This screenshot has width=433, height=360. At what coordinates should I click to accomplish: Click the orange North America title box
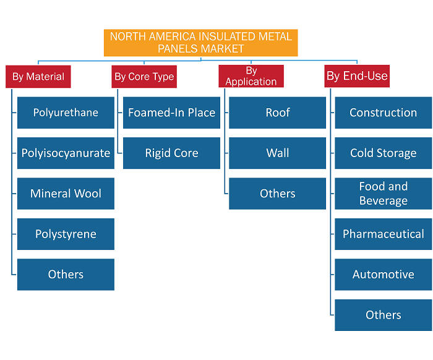[x=201, y=43]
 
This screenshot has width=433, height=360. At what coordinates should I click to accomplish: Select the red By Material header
[x=38, y=77]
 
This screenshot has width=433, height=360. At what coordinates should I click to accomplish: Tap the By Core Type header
[x=144, y=77]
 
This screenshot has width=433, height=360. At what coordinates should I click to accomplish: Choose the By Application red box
[x=251, y=76]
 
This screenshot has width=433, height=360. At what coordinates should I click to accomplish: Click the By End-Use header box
[x=357, y=76]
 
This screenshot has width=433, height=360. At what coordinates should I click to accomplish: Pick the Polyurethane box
[x=66, y=113]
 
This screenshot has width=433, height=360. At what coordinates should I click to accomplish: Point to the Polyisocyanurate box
[x=66, y=153]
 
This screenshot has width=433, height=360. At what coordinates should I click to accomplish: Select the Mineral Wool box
[x=66, y=194]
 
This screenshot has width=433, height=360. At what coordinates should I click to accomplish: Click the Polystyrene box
[x=66, y=234]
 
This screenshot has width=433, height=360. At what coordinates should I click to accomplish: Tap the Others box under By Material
[x=66, y=275]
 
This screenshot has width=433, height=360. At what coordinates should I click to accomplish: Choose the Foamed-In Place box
[x=171, y=113]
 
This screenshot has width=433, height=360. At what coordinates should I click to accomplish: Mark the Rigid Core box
[x=171, y=153]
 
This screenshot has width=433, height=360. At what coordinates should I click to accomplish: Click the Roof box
[x=278, y=113]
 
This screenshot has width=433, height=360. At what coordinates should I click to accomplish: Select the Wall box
[x=278, y=153]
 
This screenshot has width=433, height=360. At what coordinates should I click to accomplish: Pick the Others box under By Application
[x=278, y=194]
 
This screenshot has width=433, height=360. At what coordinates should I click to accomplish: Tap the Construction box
[x=384, y=113]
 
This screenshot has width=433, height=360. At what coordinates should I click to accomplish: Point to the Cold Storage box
[x=384, y=153]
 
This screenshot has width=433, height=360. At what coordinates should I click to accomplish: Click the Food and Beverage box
[x=384, y=194]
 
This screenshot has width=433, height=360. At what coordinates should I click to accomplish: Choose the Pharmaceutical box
[x=384, y=234]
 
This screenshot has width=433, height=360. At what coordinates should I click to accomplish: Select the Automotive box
[x=384, y=275]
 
